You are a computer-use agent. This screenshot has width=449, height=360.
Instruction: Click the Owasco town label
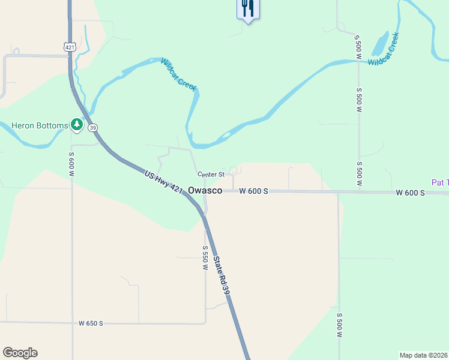[x=205, y=190]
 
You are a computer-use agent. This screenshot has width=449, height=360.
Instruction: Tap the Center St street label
[x=211, y=175]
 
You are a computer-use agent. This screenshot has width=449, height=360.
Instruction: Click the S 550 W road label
[x=205, y=257]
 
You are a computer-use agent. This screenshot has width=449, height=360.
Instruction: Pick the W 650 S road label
[x=91, y=323]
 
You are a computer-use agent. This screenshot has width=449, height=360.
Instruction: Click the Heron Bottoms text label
[x=40, y=125]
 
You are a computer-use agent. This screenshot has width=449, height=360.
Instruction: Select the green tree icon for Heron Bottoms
[x=76, y=125]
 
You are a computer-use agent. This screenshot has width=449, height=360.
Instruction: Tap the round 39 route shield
[x=92, y=127]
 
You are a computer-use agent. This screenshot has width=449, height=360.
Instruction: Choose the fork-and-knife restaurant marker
[x=248, y=9]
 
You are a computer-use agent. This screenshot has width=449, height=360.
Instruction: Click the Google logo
[x=20, y=353]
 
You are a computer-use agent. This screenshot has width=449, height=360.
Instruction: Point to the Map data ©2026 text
[x=423, y=355]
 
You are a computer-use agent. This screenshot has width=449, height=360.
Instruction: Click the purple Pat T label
[x=440, y=182]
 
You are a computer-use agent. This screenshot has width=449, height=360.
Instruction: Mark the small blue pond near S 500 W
[x=380, y=43]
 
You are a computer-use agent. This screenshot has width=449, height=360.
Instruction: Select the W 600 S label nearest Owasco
[x=254, y=191]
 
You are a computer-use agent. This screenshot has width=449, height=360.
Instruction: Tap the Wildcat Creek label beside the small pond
[x=384, y=50]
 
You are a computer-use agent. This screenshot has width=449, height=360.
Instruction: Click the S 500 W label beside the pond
[x=358, y=46]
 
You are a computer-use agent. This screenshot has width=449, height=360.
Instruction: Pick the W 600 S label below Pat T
[x=411, y=193]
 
